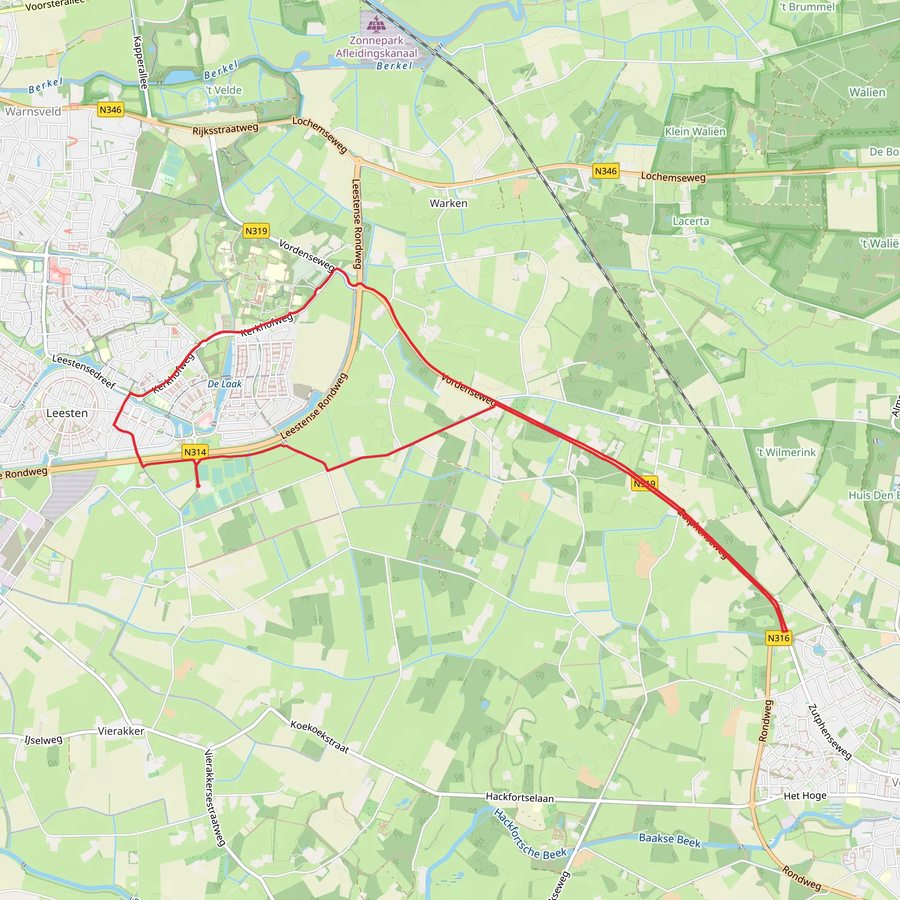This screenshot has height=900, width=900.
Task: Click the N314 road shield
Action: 195,452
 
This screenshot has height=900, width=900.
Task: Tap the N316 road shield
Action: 778,638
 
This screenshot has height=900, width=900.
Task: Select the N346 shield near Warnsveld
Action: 110,110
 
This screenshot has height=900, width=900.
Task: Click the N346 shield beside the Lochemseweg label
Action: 606,171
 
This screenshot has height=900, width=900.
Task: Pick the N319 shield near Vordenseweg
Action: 256,231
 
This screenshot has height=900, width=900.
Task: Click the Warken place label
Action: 448,203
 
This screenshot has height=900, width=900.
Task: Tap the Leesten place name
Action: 67,413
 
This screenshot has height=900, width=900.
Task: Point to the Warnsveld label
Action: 33,111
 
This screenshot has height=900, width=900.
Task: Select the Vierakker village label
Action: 121,731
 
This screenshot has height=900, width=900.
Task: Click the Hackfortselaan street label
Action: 520,798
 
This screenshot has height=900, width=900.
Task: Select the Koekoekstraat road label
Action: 319,737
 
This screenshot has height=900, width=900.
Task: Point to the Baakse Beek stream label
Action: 669,840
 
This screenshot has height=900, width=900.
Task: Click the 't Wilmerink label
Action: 786,452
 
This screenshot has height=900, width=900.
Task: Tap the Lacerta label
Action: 691,221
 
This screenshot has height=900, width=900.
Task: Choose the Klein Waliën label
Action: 695,132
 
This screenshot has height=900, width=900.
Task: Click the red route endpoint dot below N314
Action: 198,486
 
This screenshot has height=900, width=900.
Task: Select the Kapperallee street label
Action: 141,62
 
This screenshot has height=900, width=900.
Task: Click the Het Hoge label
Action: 805,796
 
